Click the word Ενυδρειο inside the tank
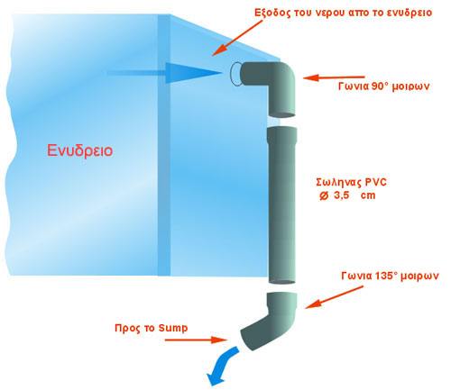coord(80,150)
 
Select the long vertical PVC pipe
coord(282,205)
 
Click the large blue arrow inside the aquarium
coord(165,73)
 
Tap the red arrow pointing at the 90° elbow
coord(334,77)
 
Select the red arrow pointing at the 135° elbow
coord(334,297)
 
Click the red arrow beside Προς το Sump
coord(196,340)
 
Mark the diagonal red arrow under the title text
coord(237,38)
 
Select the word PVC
coord(376,182)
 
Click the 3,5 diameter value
coord(341,195)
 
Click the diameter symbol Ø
coord(324,196)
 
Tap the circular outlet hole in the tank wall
coord(236,74)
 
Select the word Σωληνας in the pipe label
coord(338,182)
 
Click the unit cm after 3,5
coord(368,195)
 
